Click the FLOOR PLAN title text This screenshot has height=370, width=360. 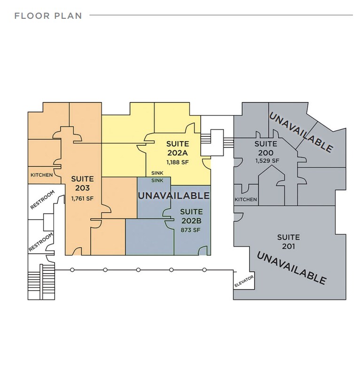pos(48,16)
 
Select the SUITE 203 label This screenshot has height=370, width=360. pos(82,183)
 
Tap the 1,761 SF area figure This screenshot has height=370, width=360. pos(82,198)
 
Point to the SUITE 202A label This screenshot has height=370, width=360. pos(178,148)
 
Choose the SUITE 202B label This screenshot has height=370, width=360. pos(191,216)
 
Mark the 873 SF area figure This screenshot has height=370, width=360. pos(191,230)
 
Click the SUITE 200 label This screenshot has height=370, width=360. pos(266,148)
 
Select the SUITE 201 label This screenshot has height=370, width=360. pos(288,241)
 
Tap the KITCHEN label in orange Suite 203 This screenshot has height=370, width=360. pos(42,175)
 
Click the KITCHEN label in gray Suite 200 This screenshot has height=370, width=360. pos(246,200)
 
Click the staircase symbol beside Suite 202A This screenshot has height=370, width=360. pos(217,140)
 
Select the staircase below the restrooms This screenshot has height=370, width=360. pos(41,282)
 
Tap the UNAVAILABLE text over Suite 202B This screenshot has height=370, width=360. pos(173,195)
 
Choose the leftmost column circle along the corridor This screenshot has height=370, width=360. pos(72,270)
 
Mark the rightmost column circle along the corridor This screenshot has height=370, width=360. pos(204,270)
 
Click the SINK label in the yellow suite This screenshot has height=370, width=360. pos(157,173)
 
